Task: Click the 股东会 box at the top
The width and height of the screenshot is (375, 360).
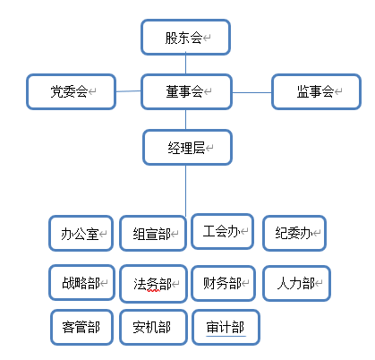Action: click(x=186, y=38)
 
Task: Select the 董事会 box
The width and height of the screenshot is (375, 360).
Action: click(x=186, y=91)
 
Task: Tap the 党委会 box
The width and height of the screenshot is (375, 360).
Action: click(x=72, y=91)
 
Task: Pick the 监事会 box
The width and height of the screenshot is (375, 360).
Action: click(x=315, y=91)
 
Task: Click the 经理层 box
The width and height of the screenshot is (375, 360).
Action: click(x=187, y=146)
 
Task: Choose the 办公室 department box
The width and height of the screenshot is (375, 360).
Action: click(x=81, y=234)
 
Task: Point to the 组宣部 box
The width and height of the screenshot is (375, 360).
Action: click(x=153, y=235)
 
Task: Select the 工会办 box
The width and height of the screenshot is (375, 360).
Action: click(x=222, y=232)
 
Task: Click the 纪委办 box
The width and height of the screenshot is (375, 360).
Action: click(x=294, y=233)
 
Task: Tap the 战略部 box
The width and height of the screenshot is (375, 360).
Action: click(x=81, y=284)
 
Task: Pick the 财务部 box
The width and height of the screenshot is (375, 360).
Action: click(x=223, y=284)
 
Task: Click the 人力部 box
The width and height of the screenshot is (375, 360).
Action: click(x=296, y=284)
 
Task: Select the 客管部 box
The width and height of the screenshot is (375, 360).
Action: click(x=81, y=327)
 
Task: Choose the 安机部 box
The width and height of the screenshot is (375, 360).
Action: click(x=153, y=327)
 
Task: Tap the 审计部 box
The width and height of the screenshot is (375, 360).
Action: click(x=226, y=327)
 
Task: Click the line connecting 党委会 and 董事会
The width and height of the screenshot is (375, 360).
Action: click(x=129, y=90)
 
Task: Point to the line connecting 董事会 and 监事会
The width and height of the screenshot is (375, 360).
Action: click(x=251, y=90)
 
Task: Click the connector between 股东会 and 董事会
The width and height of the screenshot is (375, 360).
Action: click(x=186, y=64)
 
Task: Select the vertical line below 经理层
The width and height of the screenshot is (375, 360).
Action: click(x=186, y=188)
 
